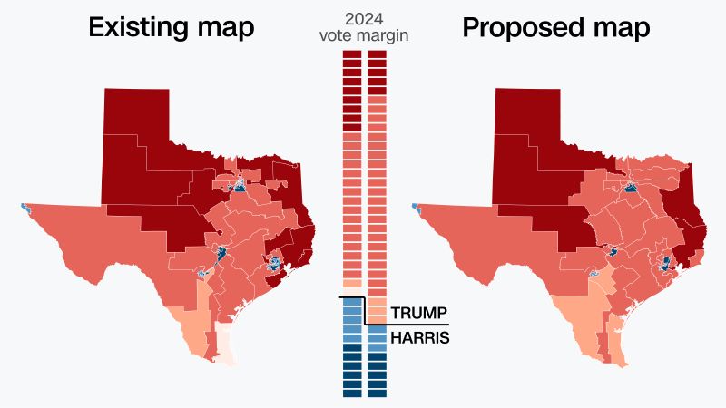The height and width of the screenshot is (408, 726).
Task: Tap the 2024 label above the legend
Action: click(363, 19)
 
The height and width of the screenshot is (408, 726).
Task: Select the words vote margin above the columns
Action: click(363, 35)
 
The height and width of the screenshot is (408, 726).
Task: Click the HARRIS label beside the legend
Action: click(419, 337)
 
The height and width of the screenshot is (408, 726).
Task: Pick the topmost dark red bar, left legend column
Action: click(352, 56)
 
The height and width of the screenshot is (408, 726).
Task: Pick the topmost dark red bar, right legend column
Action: click(377, 56)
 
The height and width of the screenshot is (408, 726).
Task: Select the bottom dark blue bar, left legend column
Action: click(352, 392)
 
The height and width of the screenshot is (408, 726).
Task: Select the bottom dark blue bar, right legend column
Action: click(377, 392)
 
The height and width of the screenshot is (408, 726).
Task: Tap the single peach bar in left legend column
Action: click(352, 283)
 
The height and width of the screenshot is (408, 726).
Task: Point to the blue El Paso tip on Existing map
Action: click(25, 208)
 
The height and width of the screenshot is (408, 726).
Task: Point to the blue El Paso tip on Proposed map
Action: click(416, 208)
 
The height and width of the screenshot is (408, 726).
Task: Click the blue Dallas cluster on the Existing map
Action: click(239, 186)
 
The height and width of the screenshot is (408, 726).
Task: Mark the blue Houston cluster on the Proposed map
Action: click(665, 264)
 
